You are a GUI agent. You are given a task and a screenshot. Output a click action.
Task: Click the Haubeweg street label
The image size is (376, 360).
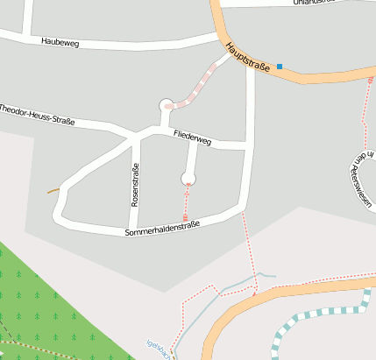point(60,41)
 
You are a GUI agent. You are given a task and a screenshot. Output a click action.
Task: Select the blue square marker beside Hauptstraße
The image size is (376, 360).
point(280,67)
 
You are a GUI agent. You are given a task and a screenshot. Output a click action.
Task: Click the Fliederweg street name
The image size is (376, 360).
point(193,138)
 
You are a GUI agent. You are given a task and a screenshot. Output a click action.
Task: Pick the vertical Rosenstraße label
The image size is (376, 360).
point(135,185)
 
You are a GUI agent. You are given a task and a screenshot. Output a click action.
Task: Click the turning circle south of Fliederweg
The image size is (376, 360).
point(188,179)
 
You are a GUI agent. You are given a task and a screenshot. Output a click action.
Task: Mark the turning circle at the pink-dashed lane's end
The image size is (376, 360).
point(167,106)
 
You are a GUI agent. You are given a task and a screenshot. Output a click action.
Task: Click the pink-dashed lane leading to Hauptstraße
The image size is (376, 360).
point(203,82)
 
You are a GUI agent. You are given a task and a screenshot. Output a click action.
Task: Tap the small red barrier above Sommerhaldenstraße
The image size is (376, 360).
point(185,216)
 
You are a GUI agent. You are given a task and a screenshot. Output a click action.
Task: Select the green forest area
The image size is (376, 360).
point(53,307)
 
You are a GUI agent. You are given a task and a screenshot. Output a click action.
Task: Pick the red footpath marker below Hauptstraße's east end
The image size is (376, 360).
point(370,81)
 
